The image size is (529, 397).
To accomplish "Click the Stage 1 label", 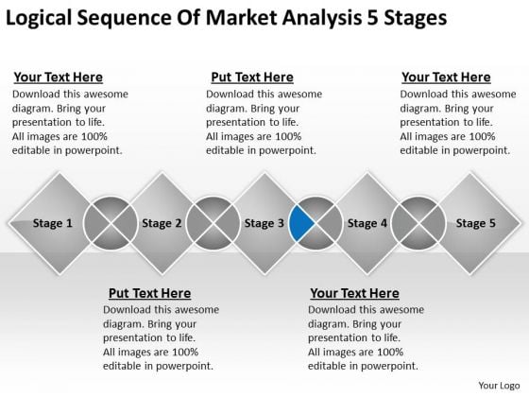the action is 53,223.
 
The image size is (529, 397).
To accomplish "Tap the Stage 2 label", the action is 162,223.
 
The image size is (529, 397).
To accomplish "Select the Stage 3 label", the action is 264,223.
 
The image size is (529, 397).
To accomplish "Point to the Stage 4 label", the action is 367,223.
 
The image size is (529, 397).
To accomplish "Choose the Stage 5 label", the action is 476,223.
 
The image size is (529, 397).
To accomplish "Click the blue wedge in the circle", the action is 300,223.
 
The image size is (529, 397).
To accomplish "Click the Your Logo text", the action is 499,386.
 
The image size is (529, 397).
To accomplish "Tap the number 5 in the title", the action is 372,18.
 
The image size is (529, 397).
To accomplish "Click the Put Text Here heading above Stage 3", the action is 252,78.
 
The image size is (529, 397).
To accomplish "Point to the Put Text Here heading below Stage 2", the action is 149,293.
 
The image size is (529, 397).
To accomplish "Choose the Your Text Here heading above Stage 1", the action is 58,78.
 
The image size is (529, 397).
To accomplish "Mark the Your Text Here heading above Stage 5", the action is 446,78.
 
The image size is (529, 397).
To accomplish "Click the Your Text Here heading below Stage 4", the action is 354,293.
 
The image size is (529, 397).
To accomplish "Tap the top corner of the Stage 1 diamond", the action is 60,173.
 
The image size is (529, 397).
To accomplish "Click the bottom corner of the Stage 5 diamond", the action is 469,273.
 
